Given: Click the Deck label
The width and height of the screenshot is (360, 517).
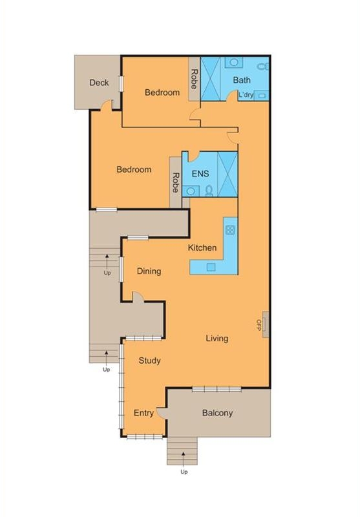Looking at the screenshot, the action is click(x=99, y=83).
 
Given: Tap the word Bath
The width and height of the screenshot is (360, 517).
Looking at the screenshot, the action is click(x=242, y=79).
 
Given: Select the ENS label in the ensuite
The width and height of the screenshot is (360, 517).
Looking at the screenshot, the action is click(x=200, y=173).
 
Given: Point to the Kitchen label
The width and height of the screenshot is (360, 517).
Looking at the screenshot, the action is click(x=202, y=248).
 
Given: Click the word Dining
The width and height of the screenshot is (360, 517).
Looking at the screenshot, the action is click(x=149, y=271).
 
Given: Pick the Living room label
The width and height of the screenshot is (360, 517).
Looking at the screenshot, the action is click(x=217, y=338).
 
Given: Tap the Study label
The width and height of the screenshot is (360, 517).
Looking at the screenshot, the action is click(x=150, y=361).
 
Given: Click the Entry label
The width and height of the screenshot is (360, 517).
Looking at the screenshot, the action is click(x=143, y=413).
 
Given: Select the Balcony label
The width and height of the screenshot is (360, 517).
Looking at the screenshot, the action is click(x=218, y=413).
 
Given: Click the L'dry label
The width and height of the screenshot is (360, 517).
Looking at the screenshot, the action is click(x=246, y=95).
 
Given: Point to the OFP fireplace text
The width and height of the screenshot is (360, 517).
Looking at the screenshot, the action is click(x=259, y=325).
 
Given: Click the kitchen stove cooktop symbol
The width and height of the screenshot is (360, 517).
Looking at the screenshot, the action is click(x=230, y=230).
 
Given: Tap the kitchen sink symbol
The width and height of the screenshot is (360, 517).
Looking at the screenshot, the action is click(x=211, y=267).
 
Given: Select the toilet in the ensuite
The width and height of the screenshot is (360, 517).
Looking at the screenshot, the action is click(x=209, y=191).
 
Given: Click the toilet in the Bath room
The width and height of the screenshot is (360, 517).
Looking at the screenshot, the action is click(x=263, y=67).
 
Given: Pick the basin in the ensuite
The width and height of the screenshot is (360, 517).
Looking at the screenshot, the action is click(x=191, y=191).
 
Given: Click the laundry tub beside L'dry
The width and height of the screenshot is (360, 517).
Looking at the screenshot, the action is click(x=262, y=96).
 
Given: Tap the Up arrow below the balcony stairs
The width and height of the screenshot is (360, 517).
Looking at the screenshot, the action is click(x=184, y=457).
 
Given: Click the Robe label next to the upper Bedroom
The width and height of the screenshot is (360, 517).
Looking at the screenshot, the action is click(x=194, y=79).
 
